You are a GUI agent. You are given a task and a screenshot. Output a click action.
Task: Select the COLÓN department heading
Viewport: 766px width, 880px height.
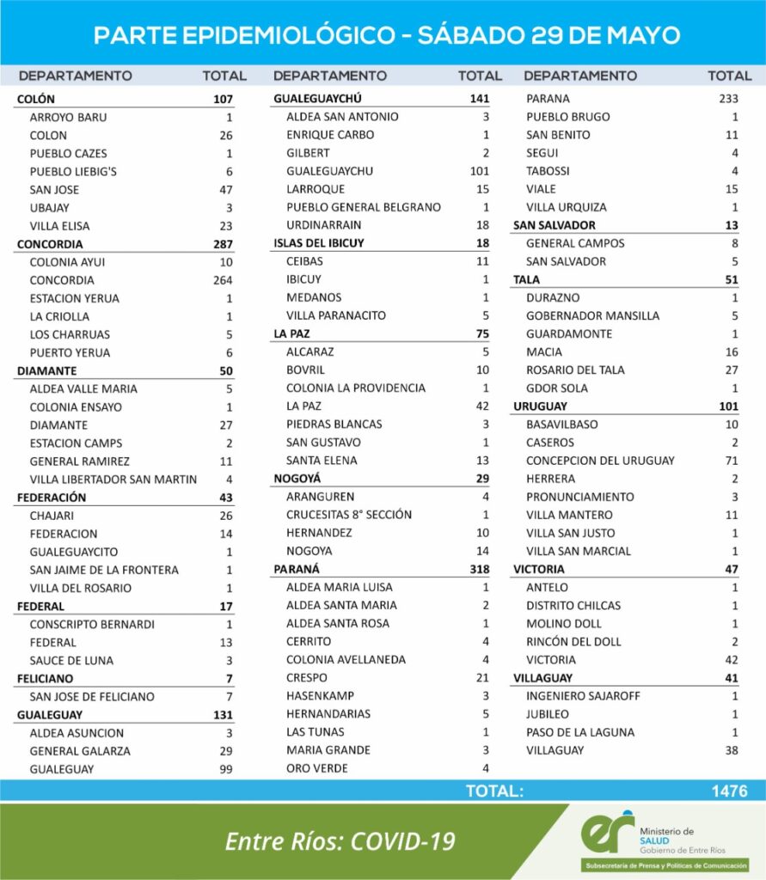tap(36, 99)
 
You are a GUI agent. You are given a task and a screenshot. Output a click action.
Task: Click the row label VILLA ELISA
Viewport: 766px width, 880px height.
tap(59, 226)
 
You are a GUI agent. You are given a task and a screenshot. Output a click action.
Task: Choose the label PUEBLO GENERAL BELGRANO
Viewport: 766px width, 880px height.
tap(364, 207)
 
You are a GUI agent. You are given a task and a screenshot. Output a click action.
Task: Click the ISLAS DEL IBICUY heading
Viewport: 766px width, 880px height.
tap(319, 243)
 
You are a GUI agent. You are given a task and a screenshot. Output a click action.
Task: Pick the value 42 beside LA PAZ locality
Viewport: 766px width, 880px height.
tap(481, 406)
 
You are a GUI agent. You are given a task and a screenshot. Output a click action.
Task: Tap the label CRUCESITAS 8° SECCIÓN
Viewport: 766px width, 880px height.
tap(349, 515)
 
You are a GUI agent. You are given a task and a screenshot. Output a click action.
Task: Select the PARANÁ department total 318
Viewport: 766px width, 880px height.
tap(477, 569)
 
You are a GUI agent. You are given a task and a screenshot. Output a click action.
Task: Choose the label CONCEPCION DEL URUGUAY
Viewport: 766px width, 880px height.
tap(600, 461)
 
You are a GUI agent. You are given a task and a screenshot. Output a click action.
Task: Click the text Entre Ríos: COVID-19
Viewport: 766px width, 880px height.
tap(340, 841)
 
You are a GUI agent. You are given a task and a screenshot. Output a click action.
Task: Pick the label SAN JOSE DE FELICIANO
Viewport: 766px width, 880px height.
tap(91, 697)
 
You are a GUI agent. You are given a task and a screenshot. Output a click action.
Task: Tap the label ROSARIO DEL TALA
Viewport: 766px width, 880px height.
tap(575, 370)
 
